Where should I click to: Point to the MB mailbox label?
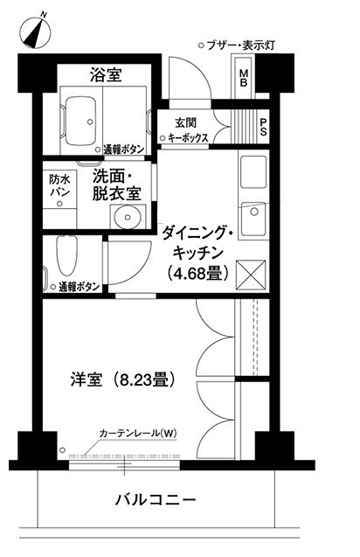(x=245, y=79)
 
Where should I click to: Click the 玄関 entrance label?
(x=185, y=122)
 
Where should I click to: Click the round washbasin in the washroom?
(x=121, y=215)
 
